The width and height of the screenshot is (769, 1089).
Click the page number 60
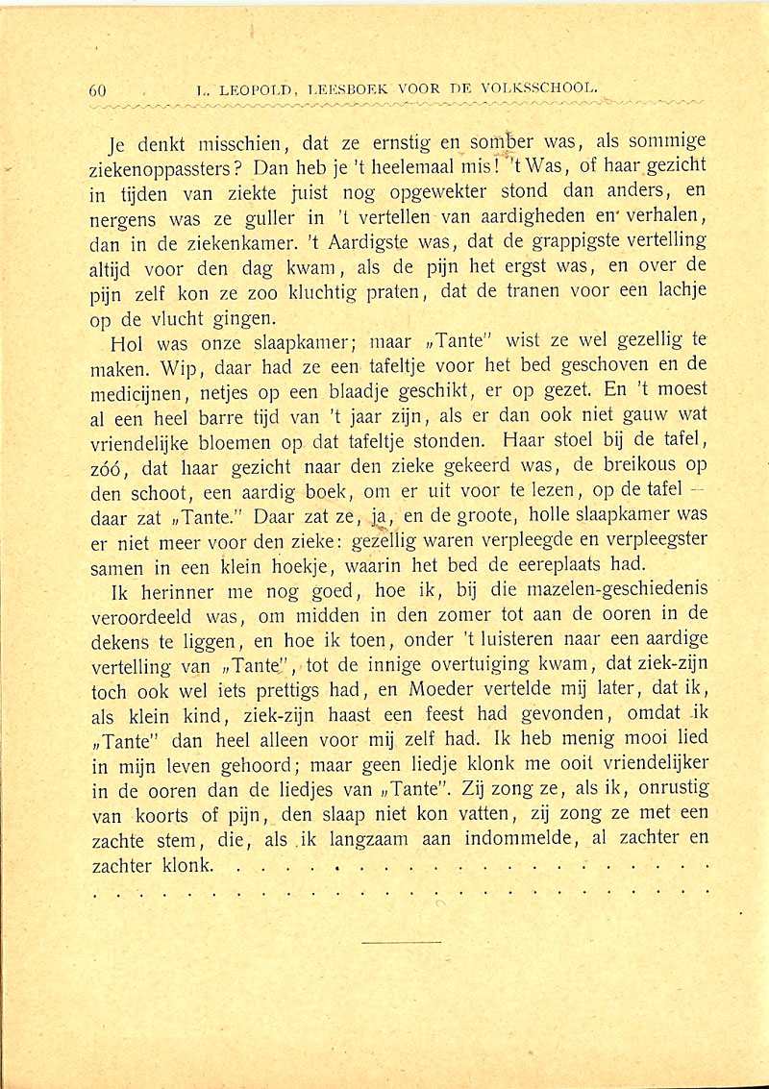pyautogui.click(x=96, y=90)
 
